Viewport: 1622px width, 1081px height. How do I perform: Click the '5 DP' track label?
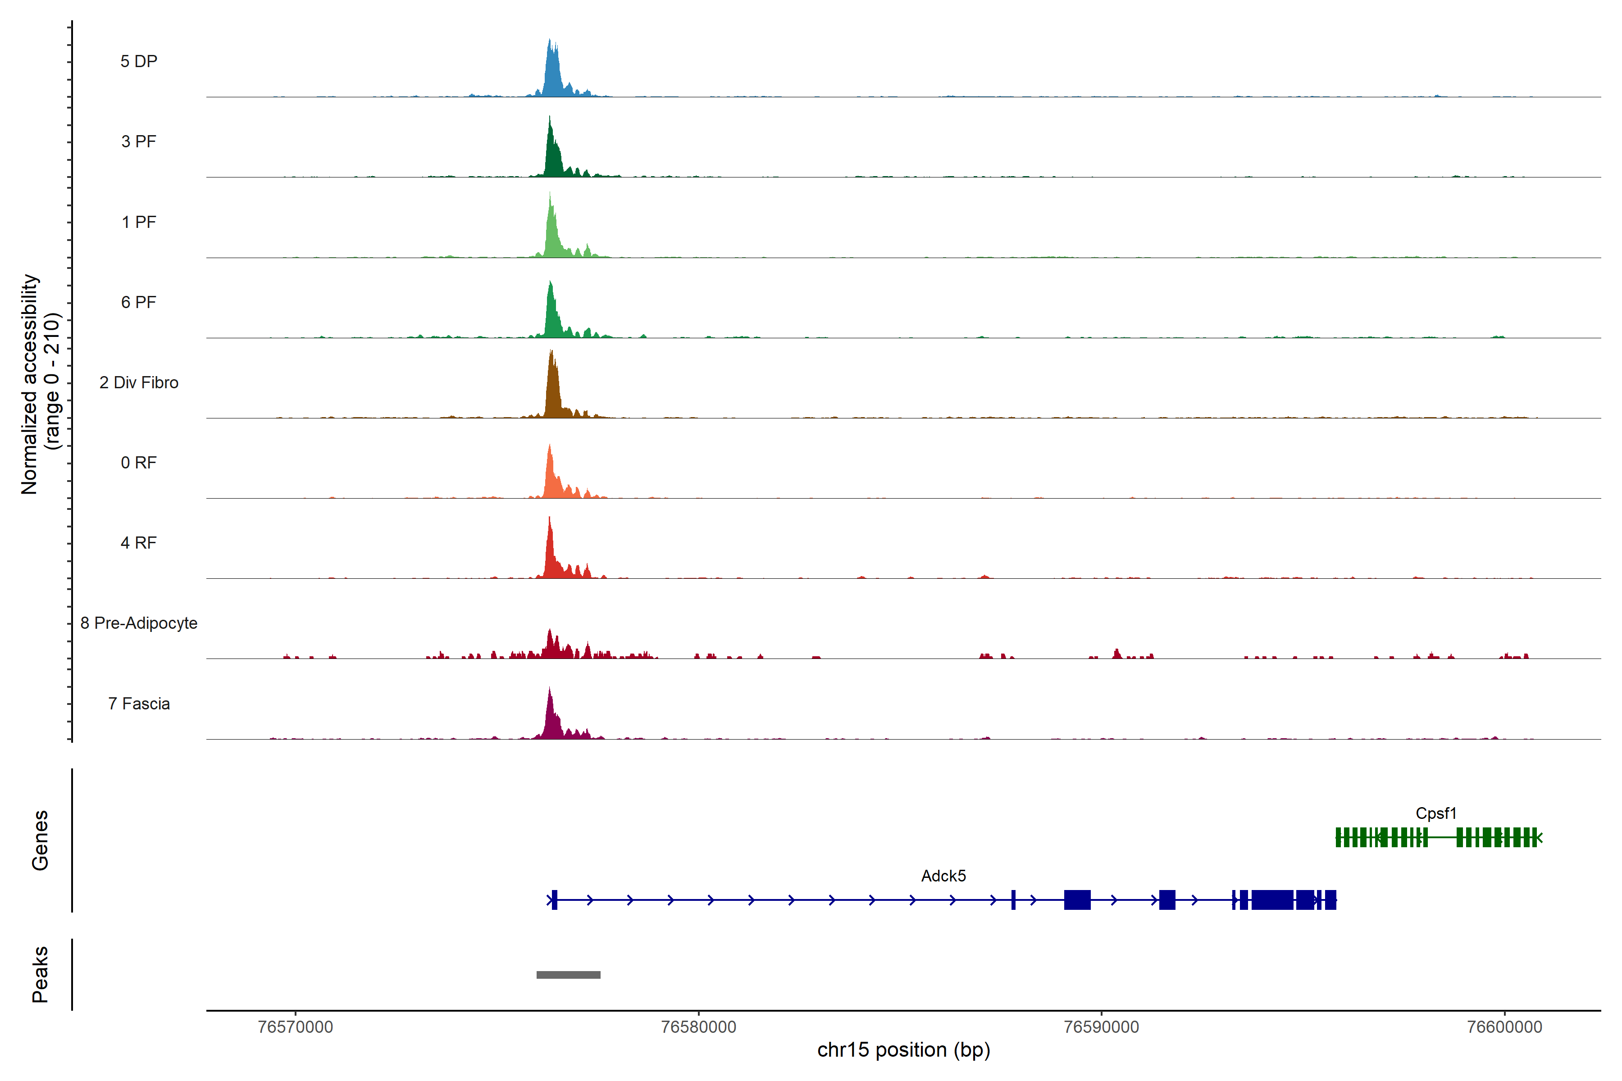point(139,61)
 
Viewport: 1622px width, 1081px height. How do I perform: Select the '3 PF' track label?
point(139,141)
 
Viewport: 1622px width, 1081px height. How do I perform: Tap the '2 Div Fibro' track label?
point(139,382)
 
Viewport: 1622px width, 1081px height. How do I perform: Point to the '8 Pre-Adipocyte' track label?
point(139,623)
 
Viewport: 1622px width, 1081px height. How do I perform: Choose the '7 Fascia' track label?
point(139,704)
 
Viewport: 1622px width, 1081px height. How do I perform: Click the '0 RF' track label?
point(139,463)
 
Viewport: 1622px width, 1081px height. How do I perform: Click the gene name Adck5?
point(943,876)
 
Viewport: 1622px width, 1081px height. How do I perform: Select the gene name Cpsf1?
point(1436,813)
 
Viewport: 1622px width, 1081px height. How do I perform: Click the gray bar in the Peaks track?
point(568,975)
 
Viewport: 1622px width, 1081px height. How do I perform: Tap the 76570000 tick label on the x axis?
point(295,1027)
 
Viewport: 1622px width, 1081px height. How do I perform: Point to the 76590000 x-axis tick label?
point(1101,1027)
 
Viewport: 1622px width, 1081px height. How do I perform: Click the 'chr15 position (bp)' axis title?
point(903,1050)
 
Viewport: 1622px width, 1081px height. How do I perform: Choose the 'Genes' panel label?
point(40,840)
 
